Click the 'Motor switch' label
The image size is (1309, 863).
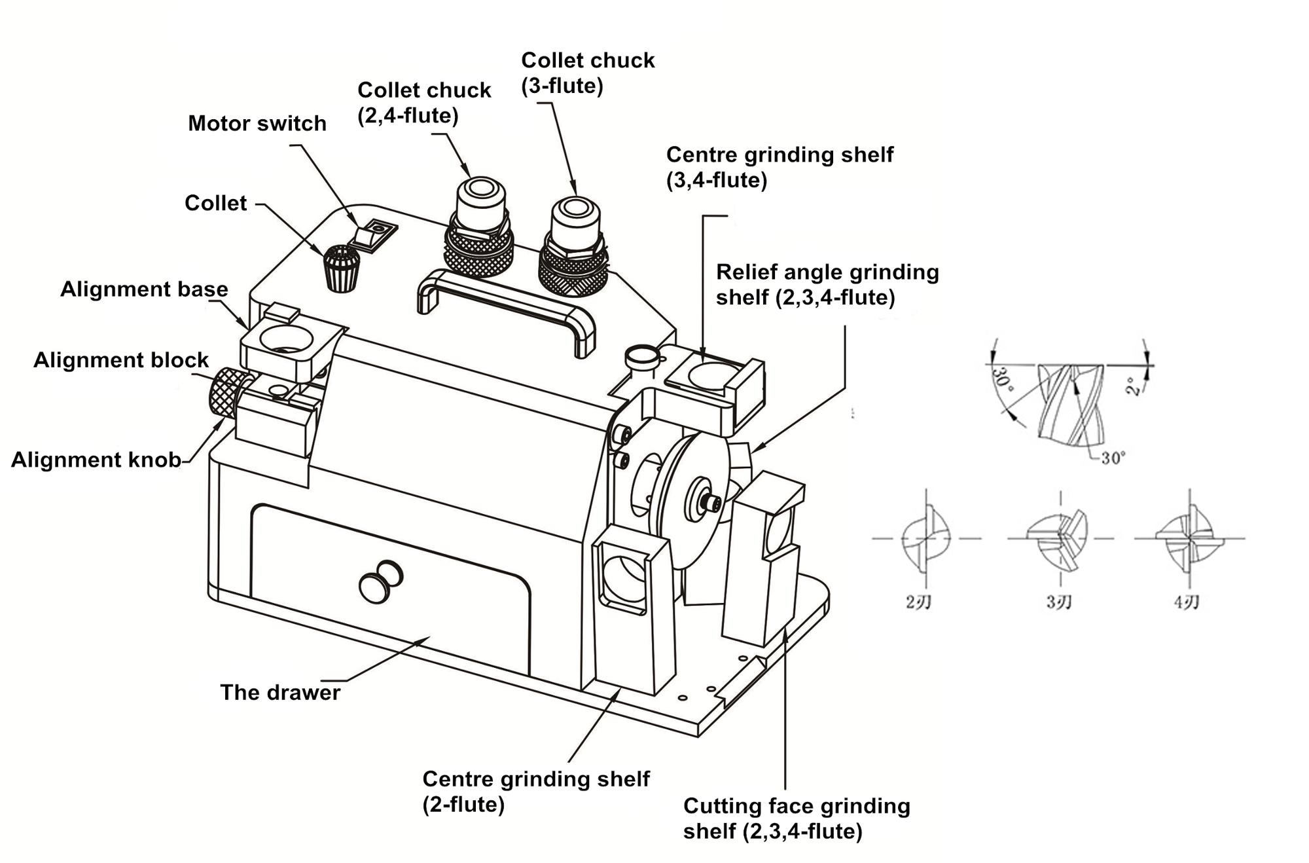pyautogui.click(x=257, y=123)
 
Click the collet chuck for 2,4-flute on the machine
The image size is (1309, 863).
pyautogui.click(x=479, y=226)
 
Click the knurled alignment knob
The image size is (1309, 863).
pyautogui.click(x=226, y=394)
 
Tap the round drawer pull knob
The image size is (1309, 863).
pyautogui.click(x=380, y=580)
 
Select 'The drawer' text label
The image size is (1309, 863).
pyautogui.click(x=280, y=692)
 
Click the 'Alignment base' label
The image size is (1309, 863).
pyautogui.click(x=144, y=289)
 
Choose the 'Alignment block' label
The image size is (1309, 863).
pyautogui.click(x=121, y=360)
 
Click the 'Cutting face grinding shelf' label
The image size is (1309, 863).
pyautogui.click(x=796, y=818)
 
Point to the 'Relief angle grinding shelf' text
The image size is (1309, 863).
pyautogui.click(x=827, y=284)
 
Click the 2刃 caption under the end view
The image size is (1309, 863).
pyautogui.click(x=918, y=602)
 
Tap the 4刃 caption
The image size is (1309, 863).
pyautogui.click(x=1186, y=602)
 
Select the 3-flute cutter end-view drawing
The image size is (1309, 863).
pyautogui.click(x=1058, y=539)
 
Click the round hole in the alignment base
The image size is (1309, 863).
pyautogui.click(x=286, y=339)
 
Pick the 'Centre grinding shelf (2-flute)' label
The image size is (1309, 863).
pyautogui.click(x=535, y=791)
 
